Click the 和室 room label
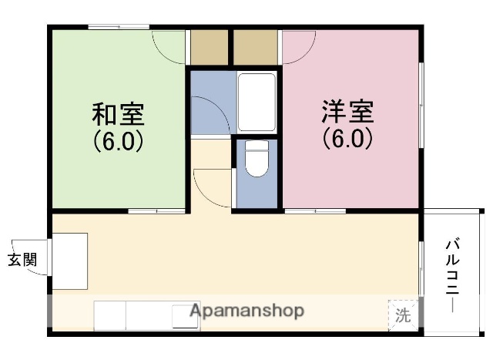pos(118,114)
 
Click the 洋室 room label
pos(347,112)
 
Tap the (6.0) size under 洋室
pos(347,138)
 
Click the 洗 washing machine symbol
pos(403,315)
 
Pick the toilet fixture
pos(257,160)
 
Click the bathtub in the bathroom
pos(257,103)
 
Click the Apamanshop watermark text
pos(246,311)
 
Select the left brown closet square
pos(209,48)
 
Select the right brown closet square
pos(255,48)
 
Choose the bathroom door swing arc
pos(210,112)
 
